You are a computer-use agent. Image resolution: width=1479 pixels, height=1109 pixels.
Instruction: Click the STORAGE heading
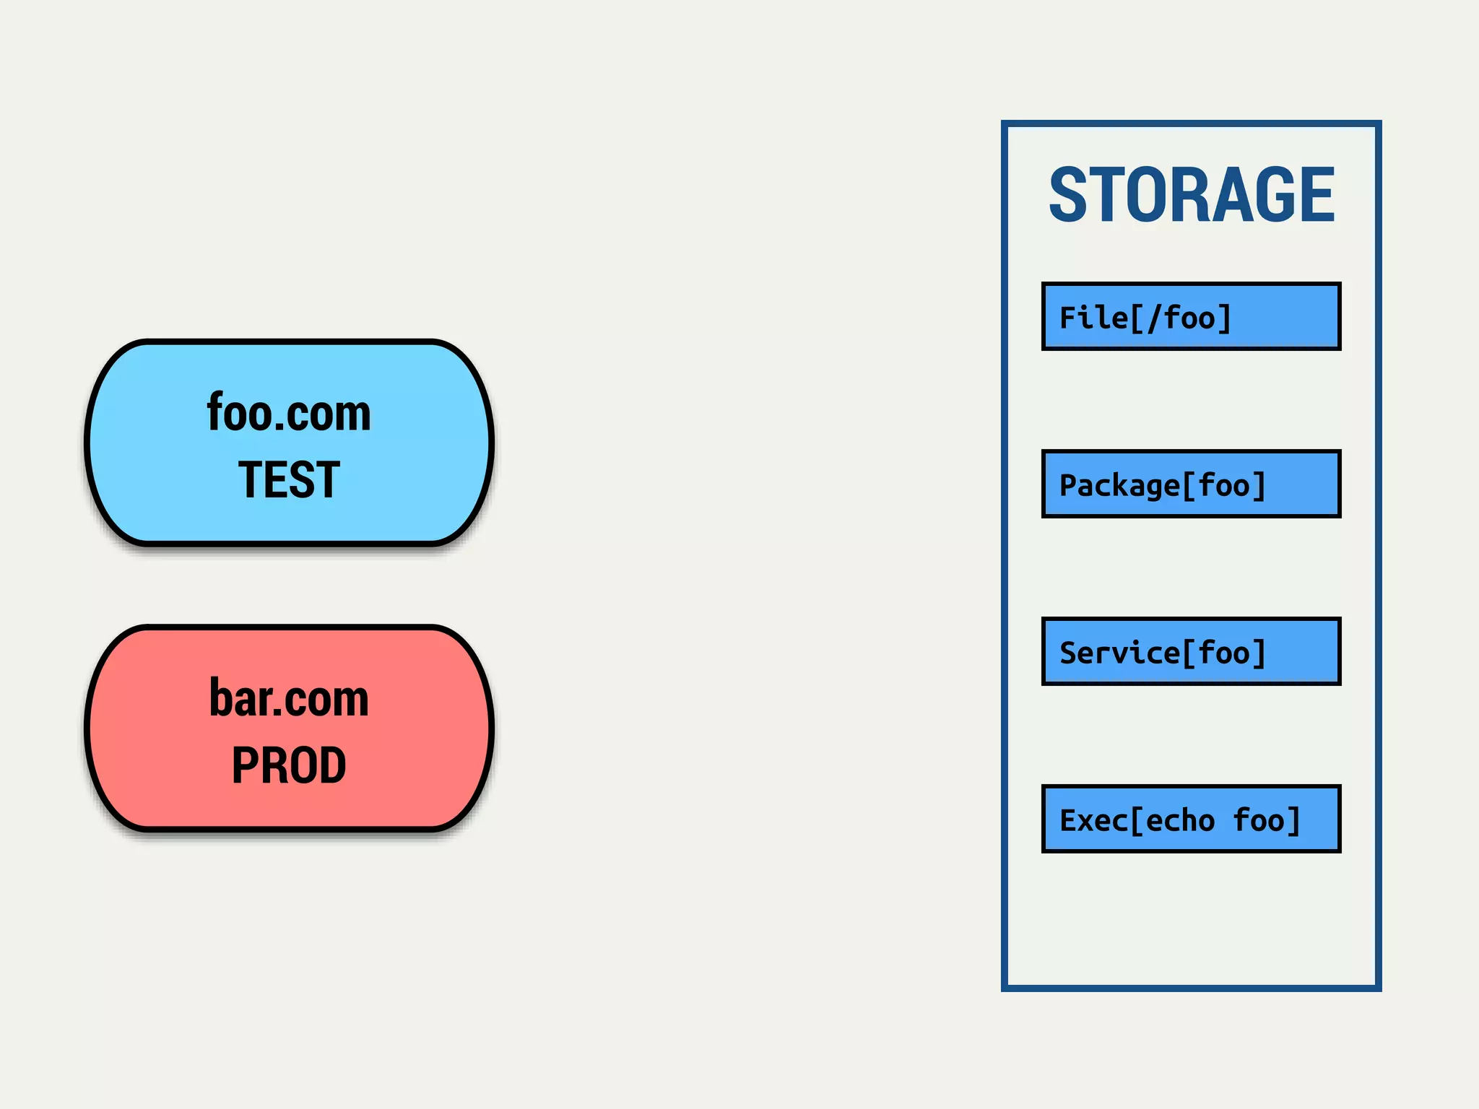point(1192,194)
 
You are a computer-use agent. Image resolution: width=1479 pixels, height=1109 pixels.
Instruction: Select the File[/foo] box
point(1191,317)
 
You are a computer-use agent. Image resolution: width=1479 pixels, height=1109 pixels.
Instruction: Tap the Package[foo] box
point(1191,484)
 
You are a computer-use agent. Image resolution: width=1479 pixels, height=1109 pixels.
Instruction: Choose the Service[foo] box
point(1191,652)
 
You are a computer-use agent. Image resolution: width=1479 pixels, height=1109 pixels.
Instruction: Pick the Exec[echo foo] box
point(1191,819)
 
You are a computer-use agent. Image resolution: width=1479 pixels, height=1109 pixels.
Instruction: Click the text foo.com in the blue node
point(289,413)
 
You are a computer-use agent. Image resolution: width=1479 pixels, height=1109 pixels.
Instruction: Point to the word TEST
point(289,479)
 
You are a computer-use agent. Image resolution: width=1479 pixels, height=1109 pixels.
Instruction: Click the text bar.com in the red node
point(289,699)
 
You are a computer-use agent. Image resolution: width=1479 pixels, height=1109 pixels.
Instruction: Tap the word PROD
point(289,765)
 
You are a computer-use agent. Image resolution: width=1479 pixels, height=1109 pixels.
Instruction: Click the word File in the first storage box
point(1093,318)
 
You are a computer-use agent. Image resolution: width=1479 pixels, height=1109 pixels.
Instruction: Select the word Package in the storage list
point(1119,486)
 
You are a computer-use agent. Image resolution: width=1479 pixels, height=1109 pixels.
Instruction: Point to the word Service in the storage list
point(1119,653)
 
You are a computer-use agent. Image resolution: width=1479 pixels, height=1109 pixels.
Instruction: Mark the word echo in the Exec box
point(1180,821)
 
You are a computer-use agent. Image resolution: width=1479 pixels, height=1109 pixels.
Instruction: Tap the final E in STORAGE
point(1316,194)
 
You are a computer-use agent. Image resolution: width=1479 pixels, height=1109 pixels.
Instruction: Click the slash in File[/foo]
point(1153,318)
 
